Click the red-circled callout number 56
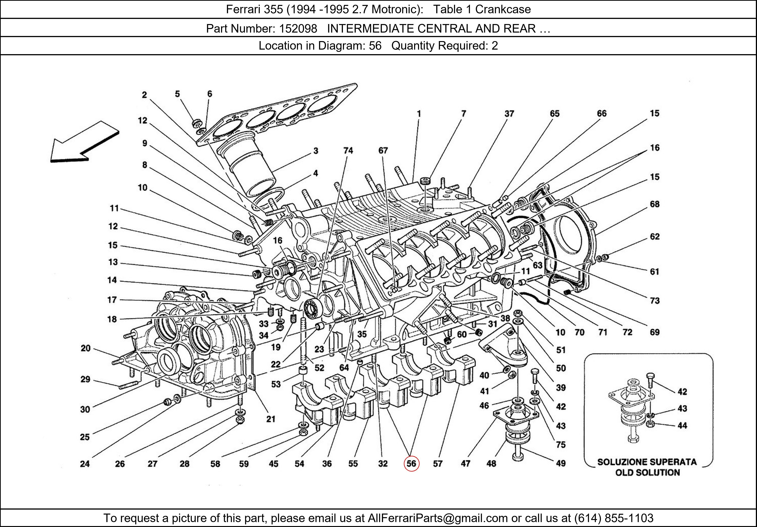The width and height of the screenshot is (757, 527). click(411, 464)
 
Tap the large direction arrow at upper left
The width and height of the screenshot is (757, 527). click(84, 143)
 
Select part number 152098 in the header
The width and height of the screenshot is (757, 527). click(298, 29)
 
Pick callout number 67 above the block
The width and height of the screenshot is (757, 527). click(383, 151)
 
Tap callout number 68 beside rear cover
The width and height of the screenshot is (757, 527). click(654, 204)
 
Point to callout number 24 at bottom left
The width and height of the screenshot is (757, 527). click(85, 464)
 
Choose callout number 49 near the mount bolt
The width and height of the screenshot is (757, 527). click(561, 463)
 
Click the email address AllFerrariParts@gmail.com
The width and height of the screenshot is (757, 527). click(438, 518)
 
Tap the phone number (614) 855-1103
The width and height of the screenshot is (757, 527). click(614, 518)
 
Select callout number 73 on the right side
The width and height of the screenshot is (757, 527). click(654, 300)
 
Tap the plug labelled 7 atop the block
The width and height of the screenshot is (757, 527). click(425, 181)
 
